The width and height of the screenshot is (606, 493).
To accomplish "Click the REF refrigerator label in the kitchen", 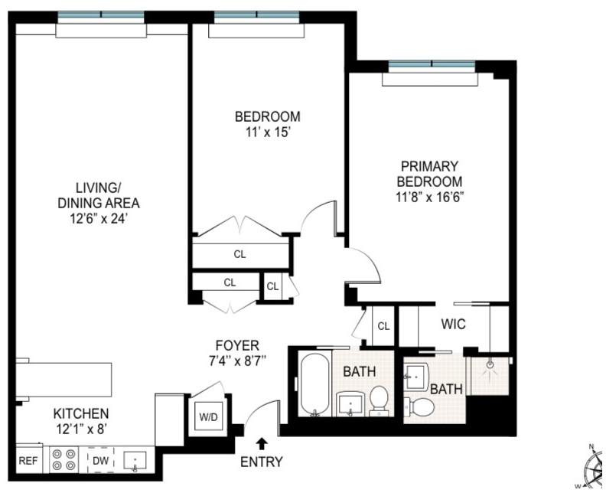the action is click(x=28, y=461).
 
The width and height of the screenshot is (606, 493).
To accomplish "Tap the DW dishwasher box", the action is click(x=100, y=460).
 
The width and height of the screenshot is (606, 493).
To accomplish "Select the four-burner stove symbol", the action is click(x=64, y=460).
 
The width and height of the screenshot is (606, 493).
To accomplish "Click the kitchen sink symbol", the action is click(x=135, y=462).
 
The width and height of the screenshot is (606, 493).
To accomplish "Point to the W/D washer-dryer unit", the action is click(x=208, y=416).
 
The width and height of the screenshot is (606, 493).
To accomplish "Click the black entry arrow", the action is click(x=262, y=443).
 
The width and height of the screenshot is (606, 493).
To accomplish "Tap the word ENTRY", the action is click(x=262, y=462).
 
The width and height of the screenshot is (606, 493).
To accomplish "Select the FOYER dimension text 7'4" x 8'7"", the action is click(x=237, y=361).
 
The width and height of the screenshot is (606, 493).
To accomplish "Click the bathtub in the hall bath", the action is click(x=315, y=385).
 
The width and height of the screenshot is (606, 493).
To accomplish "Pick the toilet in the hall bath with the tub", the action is click(x=378, y=400).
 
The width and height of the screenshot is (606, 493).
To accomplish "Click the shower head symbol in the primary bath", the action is click(x=490, y=364).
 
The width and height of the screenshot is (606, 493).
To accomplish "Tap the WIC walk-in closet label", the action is click(x=453, y=324).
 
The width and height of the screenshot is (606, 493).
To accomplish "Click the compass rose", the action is click(x=594, y=467).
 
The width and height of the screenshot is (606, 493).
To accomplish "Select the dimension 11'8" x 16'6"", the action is click(x=429, y=198).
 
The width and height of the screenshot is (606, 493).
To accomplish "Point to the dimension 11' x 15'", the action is click(x=268, y=132).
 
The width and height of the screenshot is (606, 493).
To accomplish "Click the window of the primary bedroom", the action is click(x=432, y=64).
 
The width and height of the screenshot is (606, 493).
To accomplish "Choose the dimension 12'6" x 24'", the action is click(x=99, y=219).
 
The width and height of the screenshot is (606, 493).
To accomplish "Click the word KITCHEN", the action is click(x=81, y=413).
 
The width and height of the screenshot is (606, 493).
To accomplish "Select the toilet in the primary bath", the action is click(x=419, y=406).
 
